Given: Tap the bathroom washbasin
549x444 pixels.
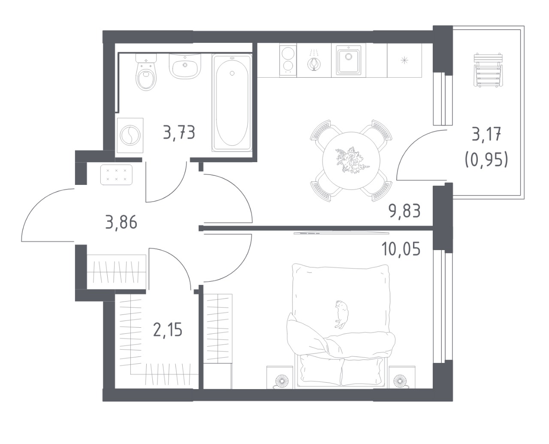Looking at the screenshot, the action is (x=184, y=66).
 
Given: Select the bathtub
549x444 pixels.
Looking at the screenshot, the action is (x=232, y=103).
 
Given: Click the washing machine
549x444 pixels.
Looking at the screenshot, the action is (x=130, y=136).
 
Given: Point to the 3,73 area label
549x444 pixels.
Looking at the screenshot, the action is (x=179, y=132).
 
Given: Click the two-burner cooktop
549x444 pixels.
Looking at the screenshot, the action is (x=288, y=60).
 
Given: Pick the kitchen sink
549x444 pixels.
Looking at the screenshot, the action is (x=348, y=60).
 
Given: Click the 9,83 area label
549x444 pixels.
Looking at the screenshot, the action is (x=404, y=211).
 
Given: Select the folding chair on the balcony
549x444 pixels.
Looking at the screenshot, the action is (x=488, y=69).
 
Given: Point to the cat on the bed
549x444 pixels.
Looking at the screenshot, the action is (x=341, y=314).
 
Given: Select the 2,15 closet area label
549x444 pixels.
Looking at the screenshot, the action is (x=168, y=330).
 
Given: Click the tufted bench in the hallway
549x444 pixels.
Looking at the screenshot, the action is (x=116, y=175).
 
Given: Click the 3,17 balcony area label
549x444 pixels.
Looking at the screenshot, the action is (x=486, y=136).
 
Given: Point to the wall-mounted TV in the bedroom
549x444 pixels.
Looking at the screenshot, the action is (x=341, y=233).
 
